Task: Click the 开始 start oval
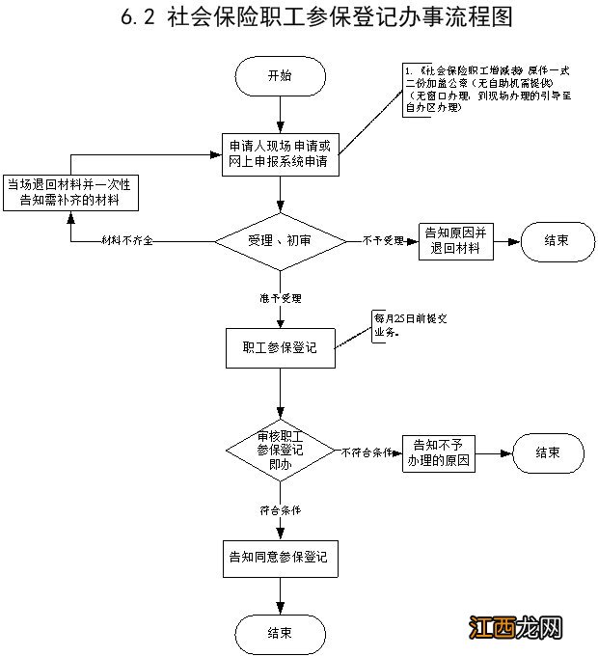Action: [x=279, y=77]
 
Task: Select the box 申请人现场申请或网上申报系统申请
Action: [x=279, y=153]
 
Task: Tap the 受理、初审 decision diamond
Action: [x=279, y=238]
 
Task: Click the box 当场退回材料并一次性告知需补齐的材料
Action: [x=70, y=192]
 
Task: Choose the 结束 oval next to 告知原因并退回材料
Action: [x=557, y=240]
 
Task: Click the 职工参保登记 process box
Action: [x=279, y=347]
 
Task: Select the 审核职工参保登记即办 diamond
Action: [x=279, y=451]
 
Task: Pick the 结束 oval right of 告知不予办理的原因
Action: [x=548, y=452]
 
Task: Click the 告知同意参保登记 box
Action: [x=279, y=557]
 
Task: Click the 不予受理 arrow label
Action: [x=383, y=239]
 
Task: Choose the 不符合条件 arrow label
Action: [x=366, y=452]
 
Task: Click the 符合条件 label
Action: [x=279, y=508]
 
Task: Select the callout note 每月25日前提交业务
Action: [x=398, y=326]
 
